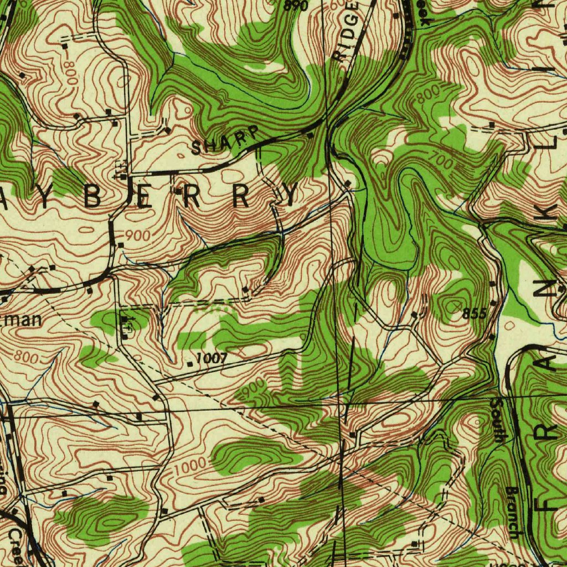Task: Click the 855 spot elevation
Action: coord(475,315)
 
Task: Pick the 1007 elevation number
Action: coord(212,358)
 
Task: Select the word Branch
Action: coord(513,512)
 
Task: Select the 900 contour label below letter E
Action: coord(137,235)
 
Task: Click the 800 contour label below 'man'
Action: coord(26,357)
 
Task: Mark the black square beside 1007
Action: coord(190,364)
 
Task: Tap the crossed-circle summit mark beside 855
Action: coord(456,306)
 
